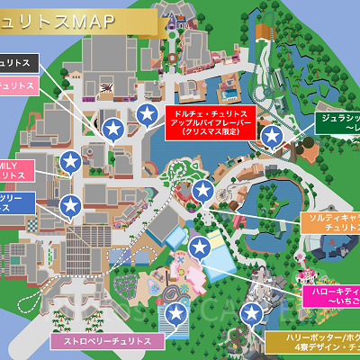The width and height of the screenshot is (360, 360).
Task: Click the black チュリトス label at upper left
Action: (19, 64)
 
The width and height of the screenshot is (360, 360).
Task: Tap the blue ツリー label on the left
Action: (17, 202)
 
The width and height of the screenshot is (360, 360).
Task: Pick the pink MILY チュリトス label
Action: (17, 168)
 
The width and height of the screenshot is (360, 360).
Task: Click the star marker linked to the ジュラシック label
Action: (272, 136)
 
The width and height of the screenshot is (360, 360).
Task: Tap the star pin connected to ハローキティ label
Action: (198, 247)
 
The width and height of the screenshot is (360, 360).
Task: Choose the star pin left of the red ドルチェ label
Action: (147, 114)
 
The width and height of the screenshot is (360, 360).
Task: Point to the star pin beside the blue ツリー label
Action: (70, 207)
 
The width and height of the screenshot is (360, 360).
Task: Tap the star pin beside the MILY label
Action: (70, 163)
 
